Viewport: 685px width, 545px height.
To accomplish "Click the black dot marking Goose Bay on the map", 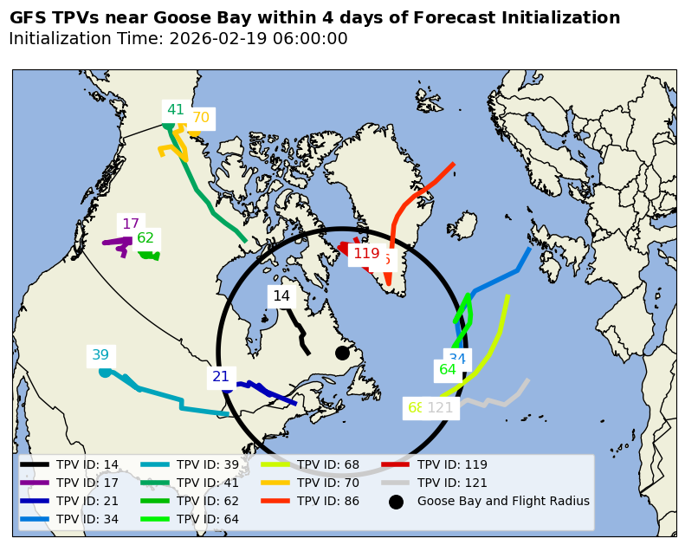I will (x=342, y=353).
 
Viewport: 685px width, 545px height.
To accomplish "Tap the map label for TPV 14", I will (x=281, y=296).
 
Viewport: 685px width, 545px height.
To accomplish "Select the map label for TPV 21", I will (x=221, y=377).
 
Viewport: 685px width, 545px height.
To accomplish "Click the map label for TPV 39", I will (x=100, y=355).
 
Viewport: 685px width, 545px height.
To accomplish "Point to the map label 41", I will (x=176, y=110).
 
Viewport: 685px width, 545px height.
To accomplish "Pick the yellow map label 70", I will (x=201, y=118).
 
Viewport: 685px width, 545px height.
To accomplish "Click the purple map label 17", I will (x=131, y=224).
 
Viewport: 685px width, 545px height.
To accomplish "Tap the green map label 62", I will (x=145, y=238).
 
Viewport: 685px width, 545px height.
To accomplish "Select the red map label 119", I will (x=366, y=254).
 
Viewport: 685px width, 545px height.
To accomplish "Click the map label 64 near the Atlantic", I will (x=448, y=370).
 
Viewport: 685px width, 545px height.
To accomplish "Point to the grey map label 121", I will (x=441, y=408).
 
